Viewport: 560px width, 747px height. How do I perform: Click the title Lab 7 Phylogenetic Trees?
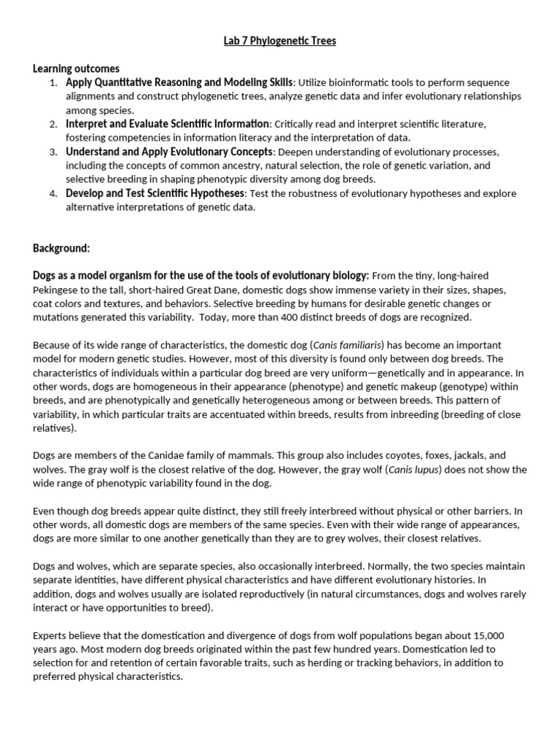point(280,41)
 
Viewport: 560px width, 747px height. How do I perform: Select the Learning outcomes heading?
point(76,69)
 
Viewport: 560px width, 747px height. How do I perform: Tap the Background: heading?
point(61,248)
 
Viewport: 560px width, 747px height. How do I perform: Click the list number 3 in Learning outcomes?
point(53,152)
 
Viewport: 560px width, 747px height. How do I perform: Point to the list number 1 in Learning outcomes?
point(53,83)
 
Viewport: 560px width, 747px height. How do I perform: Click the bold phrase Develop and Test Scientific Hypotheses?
point(155,194)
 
